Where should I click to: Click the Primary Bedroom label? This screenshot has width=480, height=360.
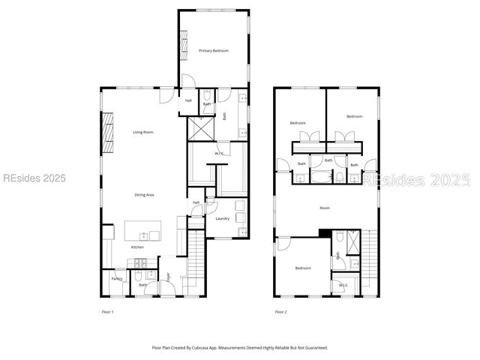click(214, 50)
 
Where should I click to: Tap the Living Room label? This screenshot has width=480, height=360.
click(143, 132)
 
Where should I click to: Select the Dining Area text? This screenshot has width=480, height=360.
click(144, 195)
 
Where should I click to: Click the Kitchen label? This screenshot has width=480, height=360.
click(138, 247)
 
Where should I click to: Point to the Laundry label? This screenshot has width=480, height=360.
click(222, 219)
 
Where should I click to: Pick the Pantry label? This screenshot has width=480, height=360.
click(117, 278)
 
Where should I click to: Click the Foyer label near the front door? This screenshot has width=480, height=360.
click(169, 277)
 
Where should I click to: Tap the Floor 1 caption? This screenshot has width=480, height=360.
click(107, 311)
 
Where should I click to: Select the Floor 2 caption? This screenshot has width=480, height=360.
click(280, 311)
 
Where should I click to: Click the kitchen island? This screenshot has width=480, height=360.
click(142, 230)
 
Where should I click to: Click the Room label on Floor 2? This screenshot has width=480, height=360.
click(325, 208)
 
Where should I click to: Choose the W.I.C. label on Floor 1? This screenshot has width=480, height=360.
click(220, 154)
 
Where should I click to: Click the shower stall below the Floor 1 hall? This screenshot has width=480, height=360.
click(200, 128)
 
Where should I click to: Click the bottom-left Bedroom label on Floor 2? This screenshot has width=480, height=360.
click(303, 268)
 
